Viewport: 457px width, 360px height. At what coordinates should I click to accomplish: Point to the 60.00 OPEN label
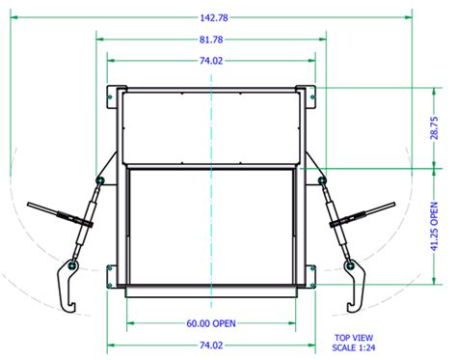click(x=211, y=322)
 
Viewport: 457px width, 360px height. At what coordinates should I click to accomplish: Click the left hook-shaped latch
click(x=67, y=285)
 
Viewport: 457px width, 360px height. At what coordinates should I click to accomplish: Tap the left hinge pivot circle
click(x=99, y=179)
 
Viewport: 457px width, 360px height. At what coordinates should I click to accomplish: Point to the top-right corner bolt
click(x=311, y=95)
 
